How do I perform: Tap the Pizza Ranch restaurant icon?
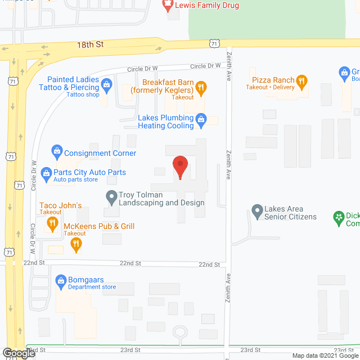click(302, 80)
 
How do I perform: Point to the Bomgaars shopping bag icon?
click(61, 280)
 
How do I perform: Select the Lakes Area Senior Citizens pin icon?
click(256, 211)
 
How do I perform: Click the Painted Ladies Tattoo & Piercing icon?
click(106, 86)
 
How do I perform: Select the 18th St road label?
click(92, 43)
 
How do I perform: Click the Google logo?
click(18, 353)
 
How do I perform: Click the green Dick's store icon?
click(338, 216)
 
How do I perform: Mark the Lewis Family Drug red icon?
click(167, 6)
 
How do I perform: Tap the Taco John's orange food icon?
click(52, 222)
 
